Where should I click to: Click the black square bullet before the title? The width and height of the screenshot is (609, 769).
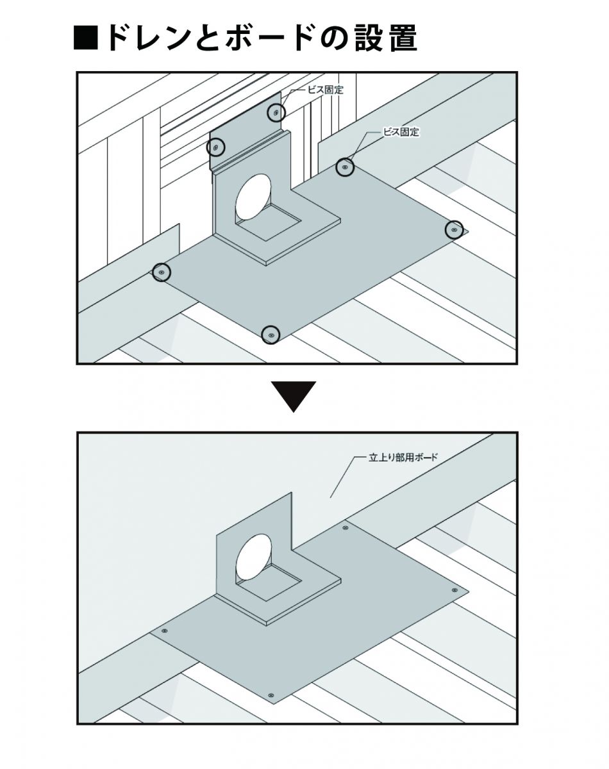coord(86,39)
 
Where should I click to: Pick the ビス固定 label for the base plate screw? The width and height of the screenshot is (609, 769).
coord(401,132)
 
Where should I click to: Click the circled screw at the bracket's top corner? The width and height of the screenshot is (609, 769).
coord(276,113)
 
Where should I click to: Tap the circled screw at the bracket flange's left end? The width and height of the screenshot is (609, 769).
coord(216,148)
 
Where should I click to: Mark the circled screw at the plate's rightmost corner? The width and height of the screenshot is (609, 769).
coord(455,229)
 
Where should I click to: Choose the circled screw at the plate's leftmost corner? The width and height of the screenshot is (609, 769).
coord(162,272)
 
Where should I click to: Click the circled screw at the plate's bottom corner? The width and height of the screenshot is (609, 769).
coord(272,335)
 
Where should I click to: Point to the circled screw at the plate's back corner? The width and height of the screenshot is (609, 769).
coord(345,168)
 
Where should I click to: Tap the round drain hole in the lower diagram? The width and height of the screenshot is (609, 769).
coord(253,557)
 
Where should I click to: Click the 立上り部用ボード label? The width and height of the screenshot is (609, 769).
coord(405,458)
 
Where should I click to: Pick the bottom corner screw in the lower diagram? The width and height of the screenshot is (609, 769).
coord(271,695)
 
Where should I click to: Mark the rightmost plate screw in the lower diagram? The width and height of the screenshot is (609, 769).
coord(455,590)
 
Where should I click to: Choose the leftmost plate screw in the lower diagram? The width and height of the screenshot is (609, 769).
coord(165,631)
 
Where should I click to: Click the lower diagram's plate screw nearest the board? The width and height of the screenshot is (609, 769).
coord(346,528)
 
